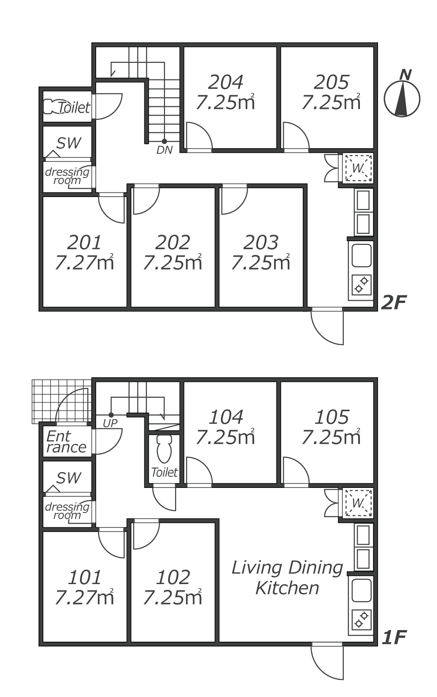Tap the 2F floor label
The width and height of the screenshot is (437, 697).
pyautogui.click(x=394, y=302)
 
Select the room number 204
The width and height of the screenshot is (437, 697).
pyautogui.click(x=226, y=82)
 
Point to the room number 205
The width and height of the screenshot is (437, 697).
pyautogui.click(x=331, y=82)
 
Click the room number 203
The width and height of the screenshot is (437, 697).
pyautogui.click(x=261, y=243)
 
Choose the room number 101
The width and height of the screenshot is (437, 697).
pyautogui.click(x=85, y=578)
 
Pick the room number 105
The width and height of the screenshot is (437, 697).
pyautogui.click(x=332, y=417)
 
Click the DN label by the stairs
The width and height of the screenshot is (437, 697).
pyautogui.click(x=164, y=150)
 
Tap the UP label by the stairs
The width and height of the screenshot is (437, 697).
pyautogui.click(x=110, y=423)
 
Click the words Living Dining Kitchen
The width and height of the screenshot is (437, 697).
pyautogui.click(x=287, y=578)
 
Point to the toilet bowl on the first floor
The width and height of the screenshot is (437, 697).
pyautogui.click(x=164, y=449)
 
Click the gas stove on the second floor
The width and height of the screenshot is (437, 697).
pyautogui.click(x=361, y=285)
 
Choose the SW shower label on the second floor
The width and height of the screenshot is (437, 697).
pyautogui.click(x=68, y=143)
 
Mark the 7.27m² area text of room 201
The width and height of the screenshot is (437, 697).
pyautogui.click(x=85, y=263)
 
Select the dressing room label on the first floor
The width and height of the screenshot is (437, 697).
pyautogui.click(x=67, y=511)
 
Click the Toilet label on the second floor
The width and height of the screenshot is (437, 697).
pyautogui.click(x=74, y=108)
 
